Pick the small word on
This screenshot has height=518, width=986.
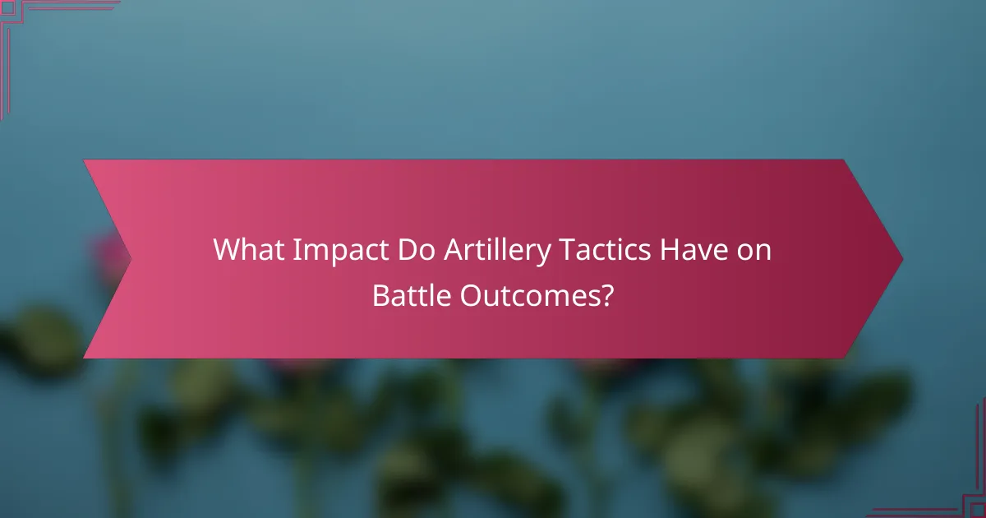(x=755, y=252)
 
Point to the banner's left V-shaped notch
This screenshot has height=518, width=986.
(x=130, y=259)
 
